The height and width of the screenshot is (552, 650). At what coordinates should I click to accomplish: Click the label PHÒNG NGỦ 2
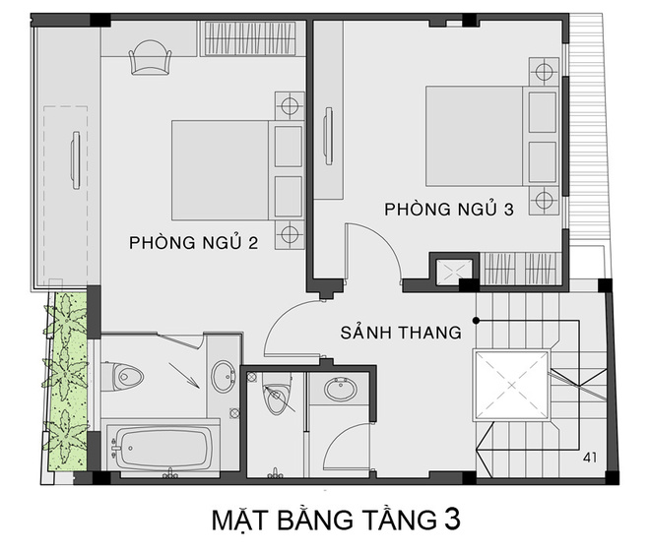[x=193, y=243]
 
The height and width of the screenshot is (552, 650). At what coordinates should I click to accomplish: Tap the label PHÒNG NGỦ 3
[x=449, y=210]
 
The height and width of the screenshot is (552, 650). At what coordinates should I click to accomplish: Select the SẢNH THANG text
[x=402, y=333]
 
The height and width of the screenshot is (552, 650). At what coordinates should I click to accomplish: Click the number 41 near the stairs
[x=591, y=458]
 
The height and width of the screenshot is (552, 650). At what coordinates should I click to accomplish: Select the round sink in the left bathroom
[x=223, y=375]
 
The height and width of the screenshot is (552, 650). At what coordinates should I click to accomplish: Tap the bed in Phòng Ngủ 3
[x=478, y=136]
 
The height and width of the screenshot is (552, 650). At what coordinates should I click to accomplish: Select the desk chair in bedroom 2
[x=151, y=56]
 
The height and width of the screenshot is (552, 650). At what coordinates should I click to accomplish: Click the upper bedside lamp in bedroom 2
[x=288, y=105]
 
